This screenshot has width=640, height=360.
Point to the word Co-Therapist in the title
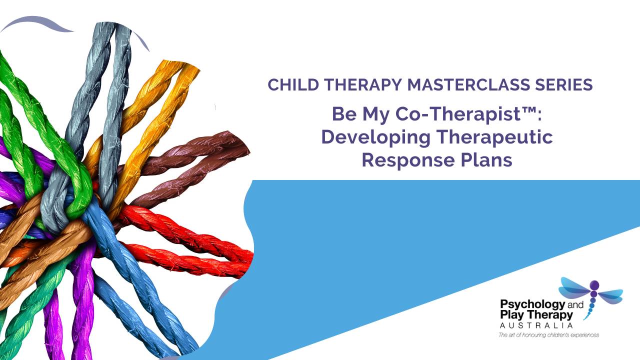pyautogui.click(x=455, y=114)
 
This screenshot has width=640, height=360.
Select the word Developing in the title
pyautogui.click(x=375, y=138)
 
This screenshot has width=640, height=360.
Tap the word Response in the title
pyautogui.click(x=408, y=161)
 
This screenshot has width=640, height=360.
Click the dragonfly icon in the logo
pyautogui.click(x=591, y=297)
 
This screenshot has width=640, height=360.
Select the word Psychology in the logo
pyautogui.click(x=532, y=305)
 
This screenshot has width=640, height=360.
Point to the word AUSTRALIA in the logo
pyautogui.click(x=536, y=325)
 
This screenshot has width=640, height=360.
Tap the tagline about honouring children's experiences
pyautogui.click(x=548, y=335)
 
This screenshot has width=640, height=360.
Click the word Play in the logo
pyautogui.click(x=512, y=315)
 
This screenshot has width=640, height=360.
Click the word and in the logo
pyautogui.click(x=575, y=305)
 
